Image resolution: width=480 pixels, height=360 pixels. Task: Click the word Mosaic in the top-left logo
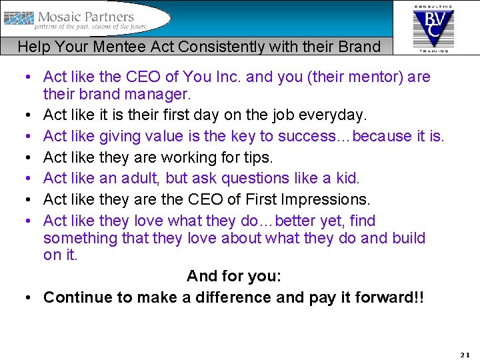[65, 17]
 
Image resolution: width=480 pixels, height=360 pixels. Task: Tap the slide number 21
[465, 354]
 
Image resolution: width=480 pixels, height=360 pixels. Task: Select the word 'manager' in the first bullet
[161, 93]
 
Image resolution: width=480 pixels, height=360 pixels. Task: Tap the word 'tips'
[259, 157]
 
